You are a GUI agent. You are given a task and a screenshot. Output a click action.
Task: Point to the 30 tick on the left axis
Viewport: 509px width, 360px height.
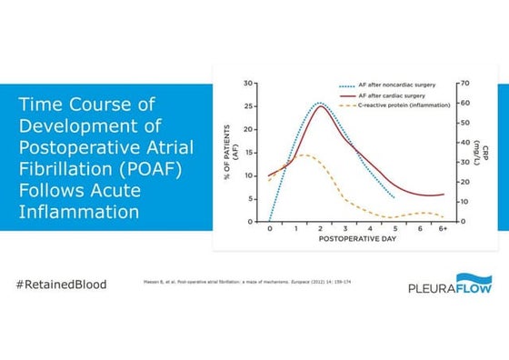pyautogui.click(x=248, y=84)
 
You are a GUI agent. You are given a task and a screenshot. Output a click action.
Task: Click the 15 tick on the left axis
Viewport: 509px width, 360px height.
pyautogui.click(x=248, y=153)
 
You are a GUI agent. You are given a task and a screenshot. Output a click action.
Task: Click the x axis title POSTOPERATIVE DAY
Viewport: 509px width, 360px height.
pyautogui.click(x=355, y=243)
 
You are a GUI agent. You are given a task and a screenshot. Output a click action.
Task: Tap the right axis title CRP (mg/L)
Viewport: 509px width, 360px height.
pyautogui.click(x=478, y=152)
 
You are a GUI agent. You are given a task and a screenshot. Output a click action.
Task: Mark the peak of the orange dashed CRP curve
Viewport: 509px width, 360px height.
pyautogui.click(x=303, y=155)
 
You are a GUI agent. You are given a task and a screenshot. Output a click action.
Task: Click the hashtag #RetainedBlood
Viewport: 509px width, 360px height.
pyautogui.click(x=61, y=285)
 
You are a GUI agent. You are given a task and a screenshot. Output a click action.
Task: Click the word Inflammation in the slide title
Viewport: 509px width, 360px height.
pyautogui.click(x=79, y=213)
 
